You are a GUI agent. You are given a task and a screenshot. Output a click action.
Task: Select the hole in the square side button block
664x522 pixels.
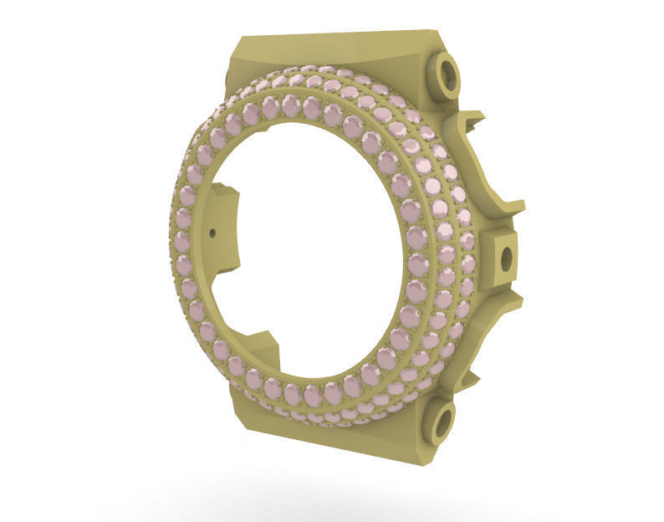[x=506, y=260]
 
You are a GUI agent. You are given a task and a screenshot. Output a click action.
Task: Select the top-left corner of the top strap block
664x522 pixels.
[x=240, y=38]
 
